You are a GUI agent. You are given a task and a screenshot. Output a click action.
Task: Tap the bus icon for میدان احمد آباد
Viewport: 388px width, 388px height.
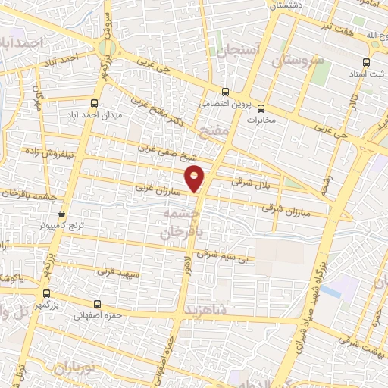[x=95, y=103]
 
